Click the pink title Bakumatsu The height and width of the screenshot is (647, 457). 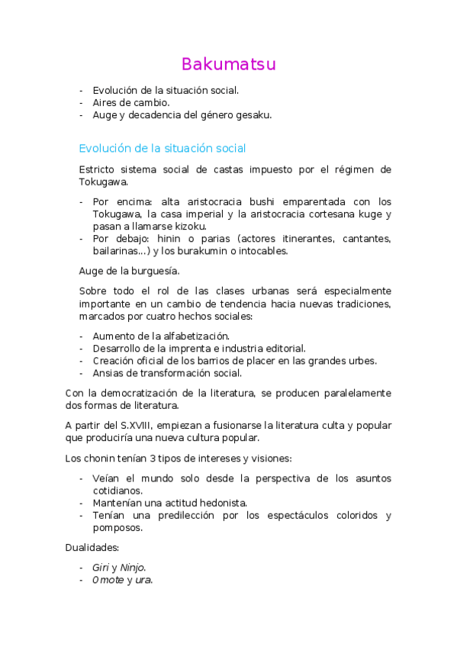click(228, 64)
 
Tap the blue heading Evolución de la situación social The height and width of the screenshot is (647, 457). click(162, 148)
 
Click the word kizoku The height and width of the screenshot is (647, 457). click(191, 226)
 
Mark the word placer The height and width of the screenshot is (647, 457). click(245, 361)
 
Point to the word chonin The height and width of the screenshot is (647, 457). click(99, 458)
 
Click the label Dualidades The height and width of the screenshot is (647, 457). click(92, 548)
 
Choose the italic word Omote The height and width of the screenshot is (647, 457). click(108, 580)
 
